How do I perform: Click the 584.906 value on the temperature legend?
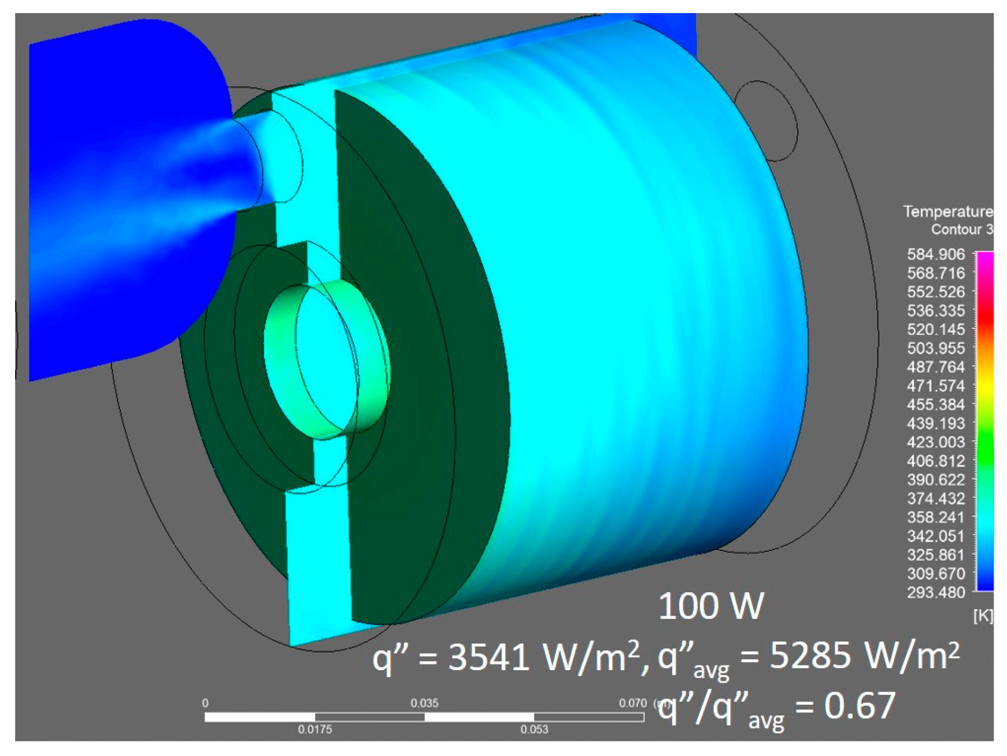pyautogui.click(x=935, y=255)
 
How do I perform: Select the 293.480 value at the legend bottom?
pyautogui.click(x=935, y=593)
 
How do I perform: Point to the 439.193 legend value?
pyautogui.click(x=935, y=424)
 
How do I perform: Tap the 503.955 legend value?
pyautogui.click(x=935, y=348)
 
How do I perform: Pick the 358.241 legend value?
pyautogui.click(x=935, y=517)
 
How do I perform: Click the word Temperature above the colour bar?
pyautogui.click(x=947, y=211)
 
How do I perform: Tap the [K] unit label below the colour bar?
pyautogui.click(x=982, y=616)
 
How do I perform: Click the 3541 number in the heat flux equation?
pyautogui.click(x=489, y=657)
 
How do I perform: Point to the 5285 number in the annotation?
pyautogui.click(x=809, y=655)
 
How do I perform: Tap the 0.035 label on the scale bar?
pyautogui.click(x=424, y=703)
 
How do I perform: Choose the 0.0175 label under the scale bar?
pyautogui.click(x=315, y=729)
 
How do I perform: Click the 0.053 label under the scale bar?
pyautogui.click(x=534, y=729)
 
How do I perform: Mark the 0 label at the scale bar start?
pyautogui.click(x=205, y=703)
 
